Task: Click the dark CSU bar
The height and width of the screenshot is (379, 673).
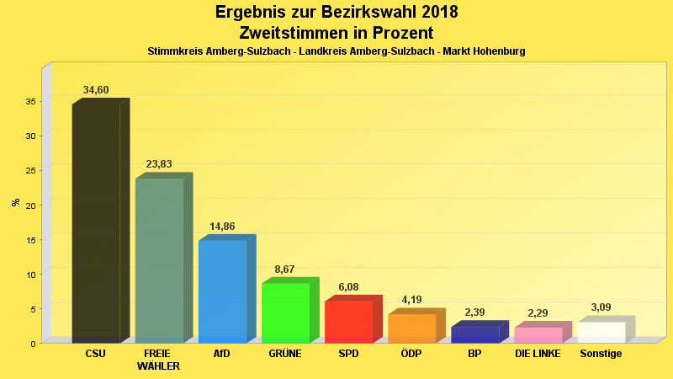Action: click(x=96, y=223)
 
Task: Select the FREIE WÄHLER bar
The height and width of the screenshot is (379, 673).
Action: click(x=159, y=260)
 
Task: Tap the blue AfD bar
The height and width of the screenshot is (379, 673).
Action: click(x=222, y=291)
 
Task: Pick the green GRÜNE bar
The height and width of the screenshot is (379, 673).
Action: click(x=285, y=312)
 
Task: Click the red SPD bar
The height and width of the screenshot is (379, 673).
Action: click(x=348, y=322)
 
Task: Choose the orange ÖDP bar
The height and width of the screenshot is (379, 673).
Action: click(x=411, y=328)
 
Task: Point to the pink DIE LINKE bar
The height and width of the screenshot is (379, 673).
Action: click(x=538, y=335)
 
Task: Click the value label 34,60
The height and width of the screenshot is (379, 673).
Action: click(x=96, y=90)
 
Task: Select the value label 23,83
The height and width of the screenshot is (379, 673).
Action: click(x=159, y=164)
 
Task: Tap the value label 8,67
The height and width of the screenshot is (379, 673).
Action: click(x=285, y=270)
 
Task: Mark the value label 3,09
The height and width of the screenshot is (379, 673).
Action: click(x=601, y=307)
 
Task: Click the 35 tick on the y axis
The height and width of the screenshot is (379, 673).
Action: click(x=29, y=101)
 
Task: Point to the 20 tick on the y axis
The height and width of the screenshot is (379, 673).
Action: click(x=29, y=205)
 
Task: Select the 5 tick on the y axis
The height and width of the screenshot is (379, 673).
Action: click(x=32, y=308)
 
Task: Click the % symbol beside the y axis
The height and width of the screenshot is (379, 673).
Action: click(x=15, y=202)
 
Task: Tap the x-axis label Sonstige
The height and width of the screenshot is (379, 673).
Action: click(x=601, y=354)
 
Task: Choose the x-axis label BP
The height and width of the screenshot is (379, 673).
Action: click(x=474, y=354)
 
